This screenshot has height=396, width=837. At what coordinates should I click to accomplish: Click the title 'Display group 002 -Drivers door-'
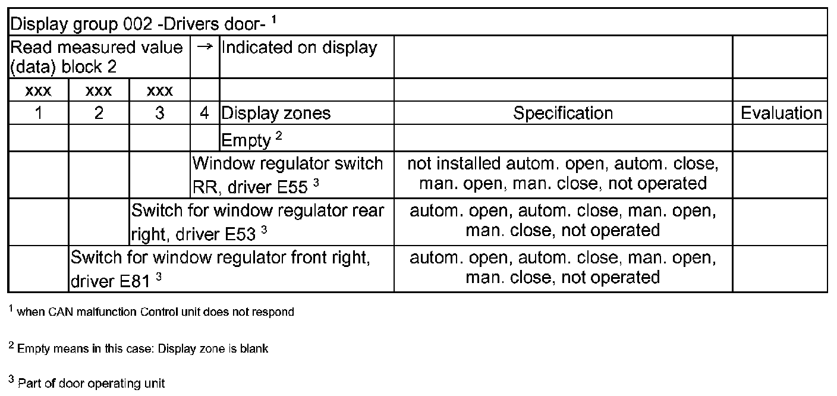point(139,24)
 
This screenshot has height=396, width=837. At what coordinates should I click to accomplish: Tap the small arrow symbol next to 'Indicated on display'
point(204,48)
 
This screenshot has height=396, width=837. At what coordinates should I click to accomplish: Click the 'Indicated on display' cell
point(299,48)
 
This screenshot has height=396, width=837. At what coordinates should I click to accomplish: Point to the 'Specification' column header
point(562,113)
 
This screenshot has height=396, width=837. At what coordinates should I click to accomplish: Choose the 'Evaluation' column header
point(781,113)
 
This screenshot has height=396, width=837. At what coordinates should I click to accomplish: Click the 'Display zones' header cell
point(276,113)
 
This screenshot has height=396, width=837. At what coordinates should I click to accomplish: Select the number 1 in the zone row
point(39,113)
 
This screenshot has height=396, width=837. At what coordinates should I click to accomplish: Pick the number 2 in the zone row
point(99,113)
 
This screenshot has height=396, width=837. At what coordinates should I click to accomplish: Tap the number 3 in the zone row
point(159,113)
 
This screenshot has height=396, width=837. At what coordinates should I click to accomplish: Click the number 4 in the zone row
point(204,113)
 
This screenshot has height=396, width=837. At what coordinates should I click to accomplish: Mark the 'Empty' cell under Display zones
point(246,140)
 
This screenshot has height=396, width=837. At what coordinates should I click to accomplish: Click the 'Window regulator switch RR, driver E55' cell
point(288,175)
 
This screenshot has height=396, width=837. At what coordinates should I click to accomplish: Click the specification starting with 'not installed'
point(562,174)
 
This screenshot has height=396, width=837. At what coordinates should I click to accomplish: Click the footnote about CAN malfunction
point(152,312)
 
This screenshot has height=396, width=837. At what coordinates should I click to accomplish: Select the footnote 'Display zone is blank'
point(139,348)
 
